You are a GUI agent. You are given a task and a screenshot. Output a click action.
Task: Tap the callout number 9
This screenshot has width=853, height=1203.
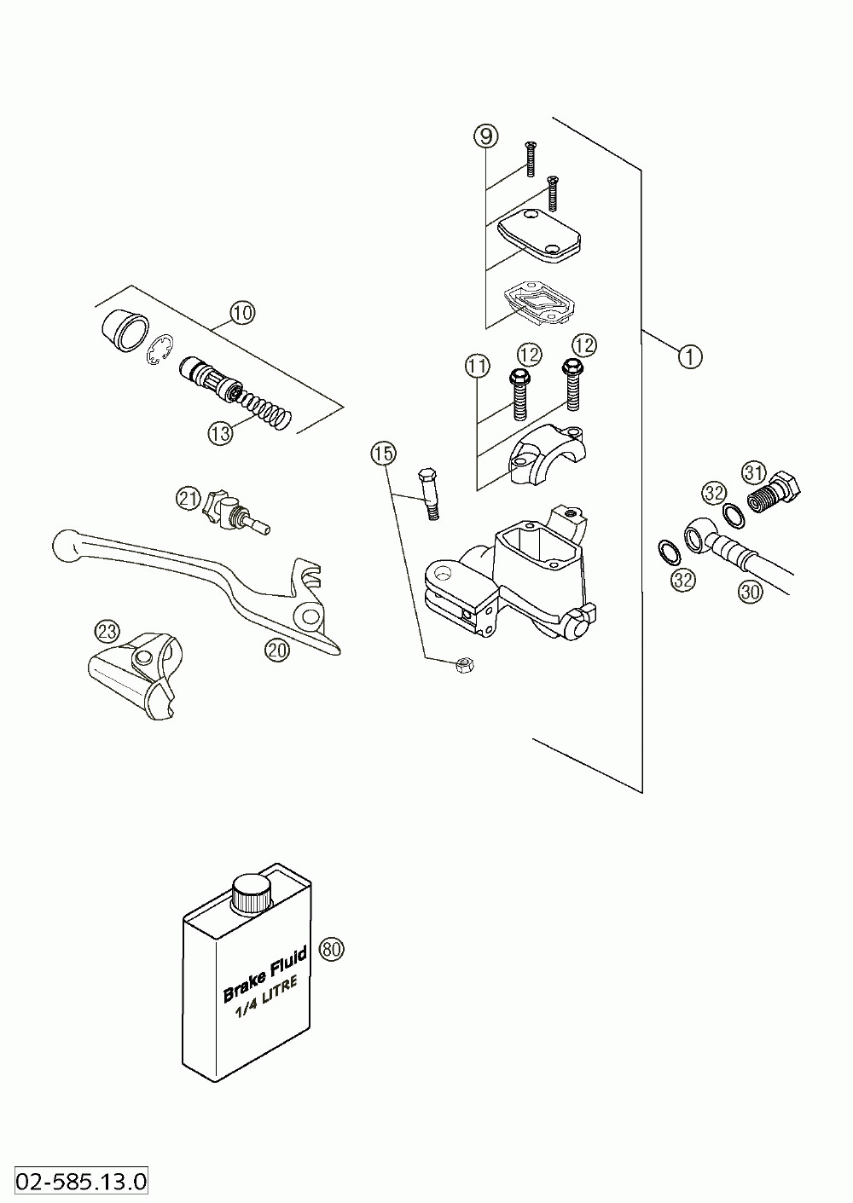point(485,135)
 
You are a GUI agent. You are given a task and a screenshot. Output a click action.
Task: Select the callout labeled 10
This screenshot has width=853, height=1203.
point(242,313)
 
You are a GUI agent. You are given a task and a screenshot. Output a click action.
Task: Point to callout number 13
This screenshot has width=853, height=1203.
point(219,433)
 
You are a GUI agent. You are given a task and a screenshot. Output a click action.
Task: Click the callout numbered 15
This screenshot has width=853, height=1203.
point(383,453)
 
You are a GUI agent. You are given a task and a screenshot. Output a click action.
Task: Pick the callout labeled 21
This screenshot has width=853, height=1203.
point(189,498)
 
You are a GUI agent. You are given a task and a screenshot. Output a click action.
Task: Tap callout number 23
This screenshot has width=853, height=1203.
point(107,632)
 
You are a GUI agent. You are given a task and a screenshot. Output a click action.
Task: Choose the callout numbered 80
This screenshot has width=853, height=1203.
point(331,948)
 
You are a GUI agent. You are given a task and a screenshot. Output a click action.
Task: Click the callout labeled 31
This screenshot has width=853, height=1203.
point(753,471)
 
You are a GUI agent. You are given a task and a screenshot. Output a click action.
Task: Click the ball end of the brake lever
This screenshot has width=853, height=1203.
point(66,546)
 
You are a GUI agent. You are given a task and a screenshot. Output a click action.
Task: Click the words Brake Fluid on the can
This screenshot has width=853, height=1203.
point(264,978)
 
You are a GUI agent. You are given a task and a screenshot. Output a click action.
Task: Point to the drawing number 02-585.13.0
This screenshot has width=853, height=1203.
point(74,1182)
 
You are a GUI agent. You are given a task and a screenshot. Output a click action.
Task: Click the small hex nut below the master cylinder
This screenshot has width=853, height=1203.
point(466,665)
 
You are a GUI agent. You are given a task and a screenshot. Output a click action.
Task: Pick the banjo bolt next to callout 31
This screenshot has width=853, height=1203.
point(775,493)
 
